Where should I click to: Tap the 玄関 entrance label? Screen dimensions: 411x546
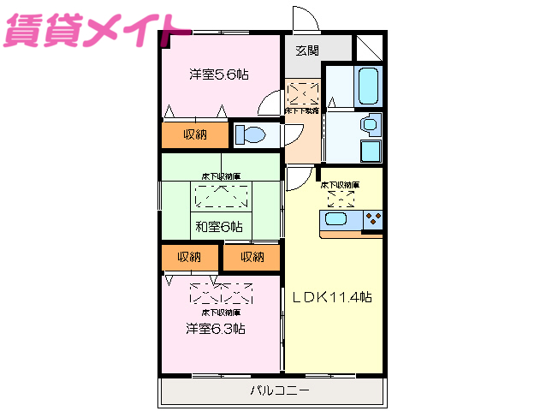click(x=307, y=51)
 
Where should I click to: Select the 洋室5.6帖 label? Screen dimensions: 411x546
click(x=219, y=74)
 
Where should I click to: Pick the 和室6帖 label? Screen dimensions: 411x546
click(x=218, y=227)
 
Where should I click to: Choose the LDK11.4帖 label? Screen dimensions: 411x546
click(x=332, y=297)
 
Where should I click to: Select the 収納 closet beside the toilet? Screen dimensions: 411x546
click(x=195, y=134)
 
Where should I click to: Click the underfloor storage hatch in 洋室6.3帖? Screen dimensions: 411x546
click(x=221, y=294)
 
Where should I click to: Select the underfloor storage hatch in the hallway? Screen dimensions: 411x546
click(x=302, y=92)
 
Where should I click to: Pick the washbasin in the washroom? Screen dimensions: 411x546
click(x=370, y=125)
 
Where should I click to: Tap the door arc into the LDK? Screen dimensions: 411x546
click(x=299, y=179)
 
